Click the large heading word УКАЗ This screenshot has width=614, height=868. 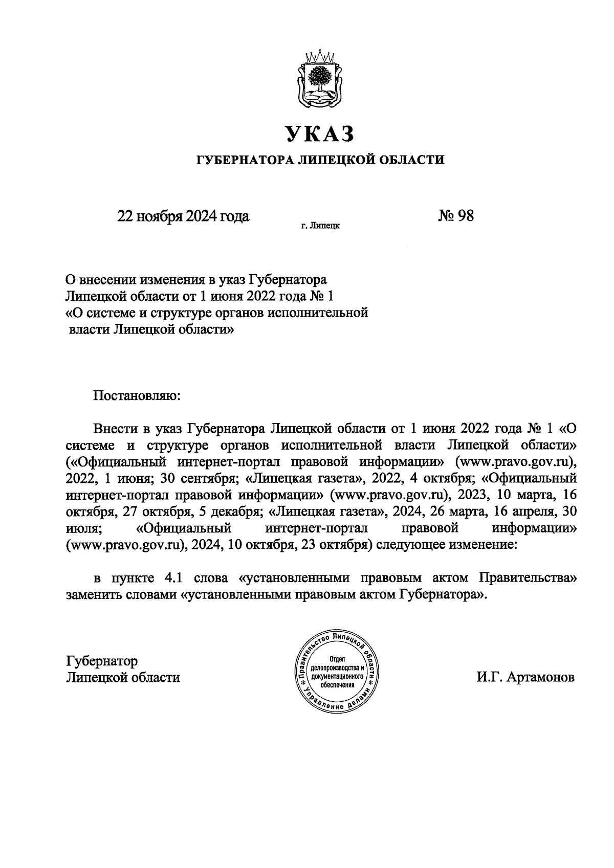(x=320, y=134)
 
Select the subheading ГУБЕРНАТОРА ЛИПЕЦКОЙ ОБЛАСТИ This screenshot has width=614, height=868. (x=321, y=160)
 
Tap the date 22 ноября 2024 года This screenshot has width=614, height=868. (x=183, y=216)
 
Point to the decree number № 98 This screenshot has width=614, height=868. (x=456, y=216)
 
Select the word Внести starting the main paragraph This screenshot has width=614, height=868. (x=117, y=428)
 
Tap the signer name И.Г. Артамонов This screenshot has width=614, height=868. (x=525, y=677)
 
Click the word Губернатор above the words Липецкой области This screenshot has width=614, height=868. (x=102, y=661)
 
